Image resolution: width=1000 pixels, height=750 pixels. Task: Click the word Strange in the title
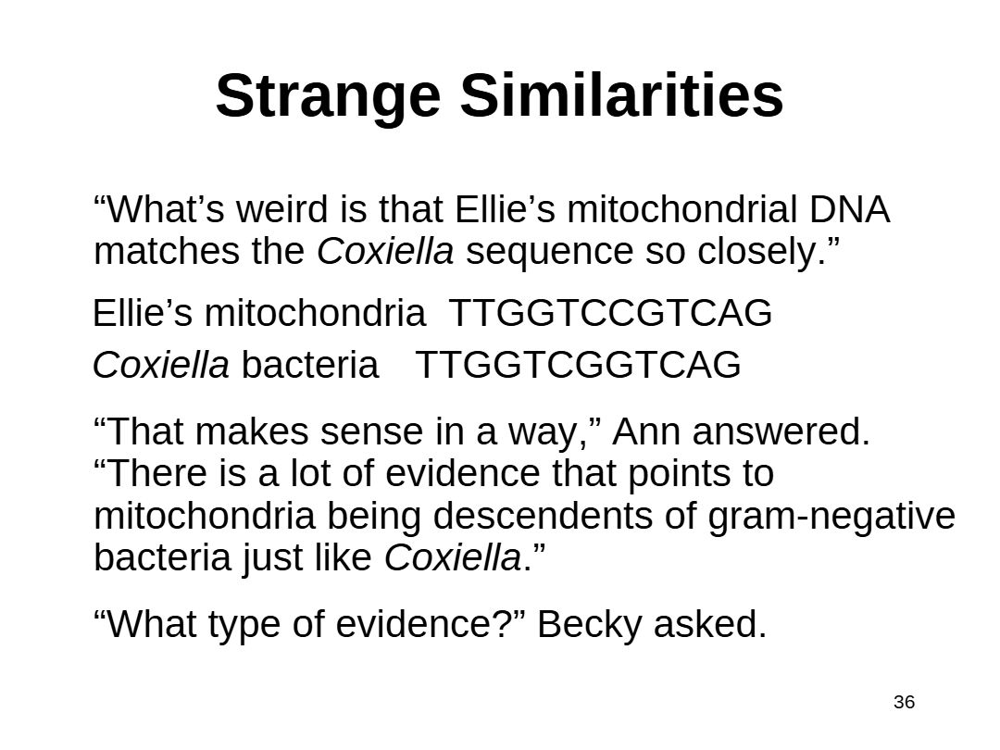coord(328,97)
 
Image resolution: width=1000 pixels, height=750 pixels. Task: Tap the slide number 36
coord(905,702)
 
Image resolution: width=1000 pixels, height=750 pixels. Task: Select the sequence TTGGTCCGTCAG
coord(610,313)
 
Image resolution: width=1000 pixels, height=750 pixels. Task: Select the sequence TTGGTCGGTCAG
coord(578,365)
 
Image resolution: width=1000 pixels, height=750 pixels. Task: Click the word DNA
coord(849,209)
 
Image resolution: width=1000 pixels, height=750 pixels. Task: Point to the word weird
coord(281,209)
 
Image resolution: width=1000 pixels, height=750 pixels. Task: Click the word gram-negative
coord(831,516)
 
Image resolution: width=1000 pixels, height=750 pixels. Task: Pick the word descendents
coord(543,516)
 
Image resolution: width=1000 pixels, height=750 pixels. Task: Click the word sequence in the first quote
coord(549,253)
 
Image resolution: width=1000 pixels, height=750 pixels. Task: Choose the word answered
coord(781,431)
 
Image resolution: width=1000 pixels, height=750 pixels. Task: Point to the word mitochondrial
coord(681,209)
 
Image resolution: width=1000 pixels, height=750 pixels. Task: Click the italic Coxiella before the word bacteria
coord(161,365)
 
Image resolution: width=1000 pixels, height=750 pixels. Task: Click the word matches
coord(167,251)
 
